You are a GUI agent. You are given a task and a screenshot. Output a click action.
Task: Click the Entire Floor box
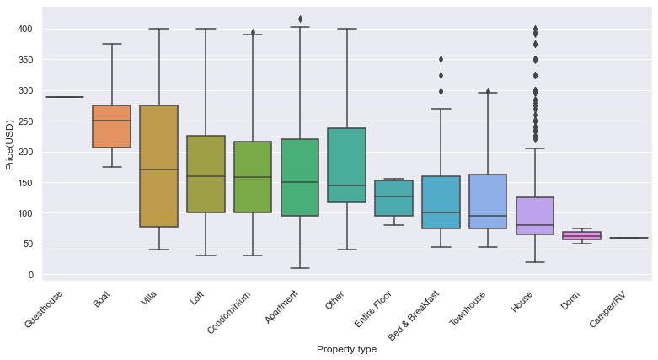pos(393,198)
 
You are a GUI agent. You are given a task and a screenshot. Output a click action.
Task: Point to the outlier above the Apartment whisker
pos(300,19)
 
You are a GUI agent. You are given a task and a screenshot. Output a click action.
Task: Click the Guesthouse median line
pos(65,97)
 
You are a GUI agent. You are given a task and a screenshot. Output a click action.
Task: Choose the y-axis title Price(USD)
pos(10,152)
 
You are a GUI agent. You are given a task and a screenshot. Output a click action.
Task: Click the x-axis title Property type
pos(346,349)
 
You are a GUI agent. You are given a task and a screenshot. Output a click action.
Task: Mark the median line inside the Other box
pos(346,185)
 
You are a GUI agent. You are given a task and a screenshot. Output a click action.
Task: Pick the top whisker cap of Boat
pos(111,44)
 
